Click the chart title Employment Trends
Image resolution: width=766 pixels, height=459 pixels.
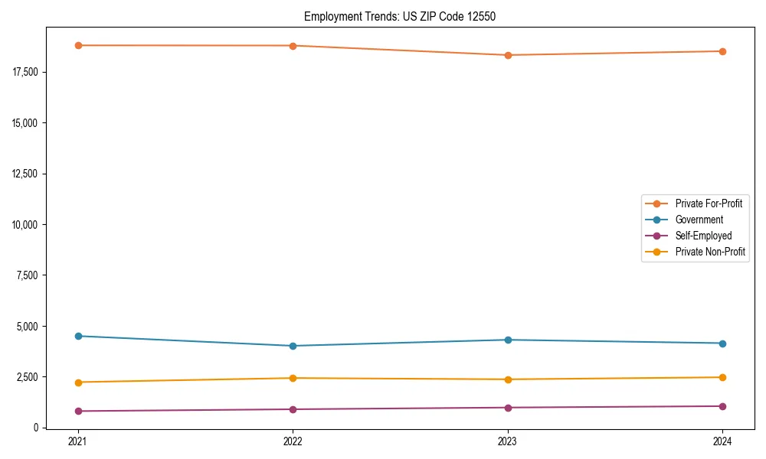(399, 16)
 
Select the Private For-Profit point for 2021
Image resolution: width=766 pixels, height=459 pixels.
(78, 45)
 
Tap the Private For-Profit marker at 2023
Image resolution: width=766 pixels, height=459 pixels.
(508, 55)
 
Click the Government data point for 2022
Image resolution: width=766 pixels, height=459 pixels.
(293, 346)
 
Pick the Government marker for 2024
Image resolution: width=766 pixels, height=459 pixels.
(722, 343)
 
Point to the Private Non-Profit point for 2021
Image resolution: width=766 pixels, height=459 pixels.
(78, 382)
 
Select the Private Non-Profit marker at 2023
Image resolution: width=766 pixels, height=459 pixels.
(508, 379)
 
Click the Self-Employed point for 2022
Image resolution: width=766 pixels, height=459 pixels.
(293, 409)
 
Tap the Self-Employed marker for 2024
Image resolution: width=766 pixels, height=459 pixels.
(722, 406)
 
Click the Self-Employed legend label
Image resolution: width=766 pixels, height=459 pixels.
(703, 236)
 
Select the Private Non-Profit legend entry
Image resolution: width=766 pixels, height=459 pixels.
(710, 252)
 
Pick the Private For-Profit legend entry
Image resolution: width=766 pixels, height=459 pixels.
(709, 203)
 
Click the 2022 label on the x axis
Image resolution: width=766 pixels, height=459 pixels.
(293, 441)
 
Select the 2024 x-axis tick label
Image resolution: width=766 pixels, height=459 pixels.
(722, 441)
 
